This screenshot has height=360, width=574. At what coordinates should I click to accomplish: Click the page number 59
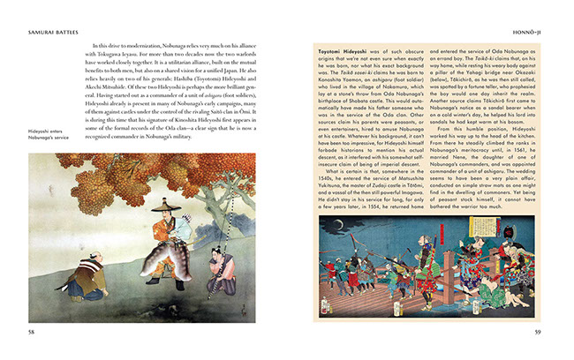click(x=537, y=331)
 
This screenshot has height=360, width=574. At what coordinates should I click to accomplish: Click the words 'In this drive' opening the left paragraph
click(x=109, y=43)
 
